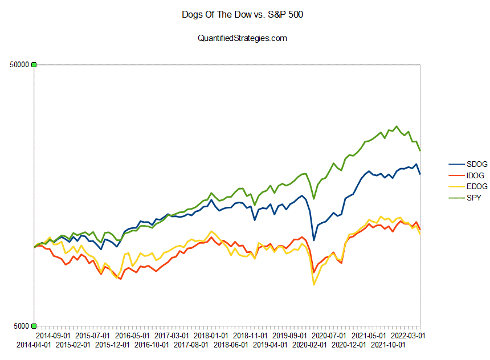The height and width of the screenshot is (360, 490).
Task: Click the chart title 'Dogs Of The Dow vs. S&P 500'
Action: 242,15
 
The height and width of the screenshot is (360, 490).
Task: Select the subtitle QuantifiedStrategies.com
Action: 242,38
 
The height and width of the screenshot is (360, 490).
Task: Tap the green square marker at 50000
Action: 34,65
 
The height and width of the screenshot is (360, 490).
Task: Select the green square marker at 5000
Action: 34,326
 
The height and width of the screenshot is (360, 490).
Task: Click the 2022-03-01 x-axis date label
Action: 409,336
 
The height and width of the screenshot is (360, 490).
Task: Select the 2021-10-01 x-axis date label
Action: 389,345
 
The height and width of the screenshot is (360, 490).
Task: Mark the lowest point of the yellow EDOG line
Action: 314,284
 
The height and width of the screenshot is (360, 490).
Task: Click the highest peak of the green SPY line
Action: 397,126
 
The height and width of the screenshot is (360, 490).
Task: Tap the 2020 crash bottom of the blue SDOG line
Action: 314,240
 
